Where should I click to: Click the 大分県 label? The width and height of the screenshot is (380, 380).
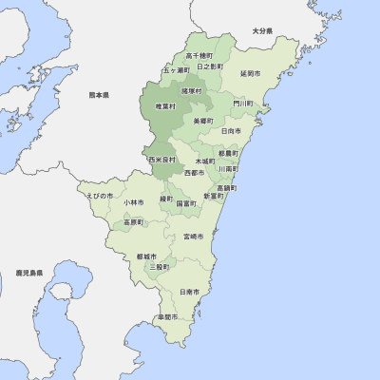coord(262,31)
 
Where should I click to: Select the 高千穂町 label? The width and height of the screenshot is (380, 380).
coord(199,56)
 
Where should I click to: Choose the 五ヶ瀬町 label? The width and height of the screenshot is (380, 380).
coord(176,70)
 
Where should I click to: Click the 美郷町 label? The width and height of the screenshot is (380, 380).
coord(203,121)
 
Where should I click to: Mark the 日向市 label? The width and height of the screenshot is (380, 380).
coord(230,130)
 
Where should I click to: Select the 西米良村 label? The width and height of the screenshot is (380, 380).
coord(162,161)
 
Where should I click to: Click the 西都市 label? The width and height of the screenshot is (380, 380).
coord(194,173)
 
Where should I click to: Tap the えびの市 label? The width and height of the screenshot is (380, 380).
coord(100,195)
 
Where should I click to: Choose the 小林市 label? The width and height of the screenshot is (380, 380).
coord(133,202)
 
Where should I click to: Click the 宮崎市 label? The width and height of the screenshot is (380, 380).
coord(193,237)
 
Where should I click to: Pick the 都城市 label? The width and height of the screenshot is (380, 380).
coord(147,256)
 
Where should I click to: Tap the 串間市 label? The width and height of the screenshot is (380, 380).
coord(168,316)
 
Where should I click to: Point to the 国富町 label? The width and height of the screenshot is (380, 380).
coord(186,203)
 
